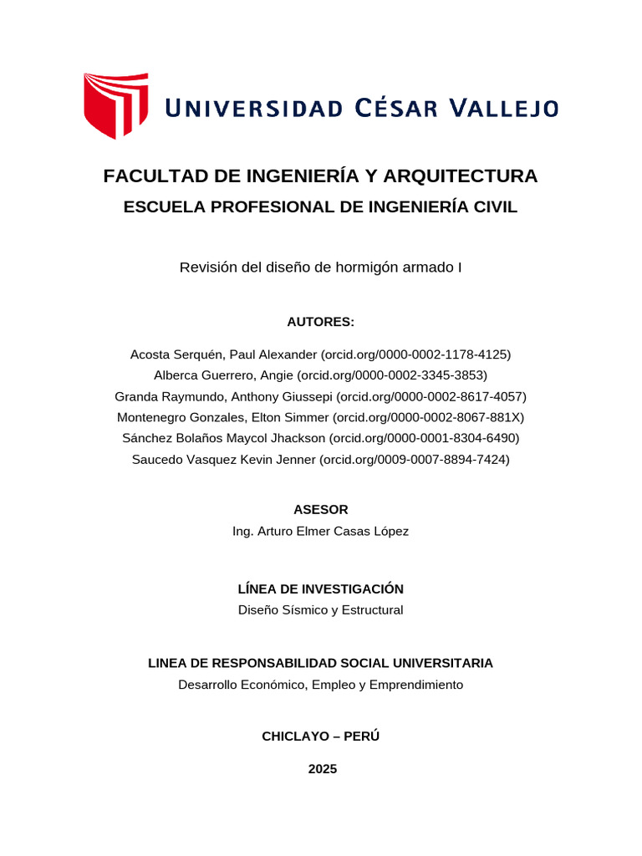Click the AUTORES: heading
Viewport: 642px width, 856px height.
coord(321,322)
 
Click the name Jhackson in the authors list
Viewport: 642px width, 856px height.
coord(300,438)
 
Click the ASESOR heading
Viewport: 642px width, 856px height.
coord(321,509)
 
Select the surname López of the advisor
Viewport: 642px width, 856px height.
coord(390,531)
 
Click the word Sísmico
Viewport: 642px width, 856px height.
coord(306,610)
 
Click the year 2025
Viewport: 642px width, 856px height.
coord(322,769)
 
